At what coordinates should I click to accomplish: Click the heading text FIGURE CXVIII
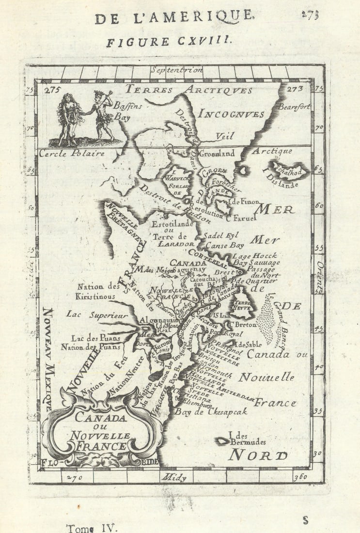pyautogui.click(x=170, y=42)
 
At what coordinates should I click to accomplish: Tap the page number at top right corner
pyautogui.click(x=310, y=15)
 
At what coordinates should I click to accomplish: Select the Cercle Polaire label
pyautogui.click(x=72, y=154)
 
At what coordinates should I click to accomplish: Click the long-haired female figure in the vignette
pyautogui.click(x=69, y=118)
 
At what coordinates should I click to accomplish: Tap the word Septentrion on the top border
pyautogui.click(x=176, y=70)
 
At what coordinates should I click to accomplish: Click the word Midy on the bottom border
pyautogui.click(x=174, y=477)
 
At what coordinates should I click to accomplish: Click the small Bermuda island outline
pyautogui.click(x=222, y=441)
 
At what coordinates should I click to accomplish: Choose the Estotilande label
pyautogui.click(x=172, y=224)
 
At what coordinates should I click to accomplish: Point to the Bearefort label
pyautogui.click(x=294, y=107)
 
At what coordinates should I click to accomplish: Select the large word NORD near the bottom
pyautogui.click(x=258, y=455)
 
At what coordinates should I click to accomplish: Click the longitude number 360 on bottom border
pyautogui.click(x=300, y=477)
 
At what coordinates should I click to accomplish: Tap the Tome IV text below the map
pyautogui.click(x=92, y=528)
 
